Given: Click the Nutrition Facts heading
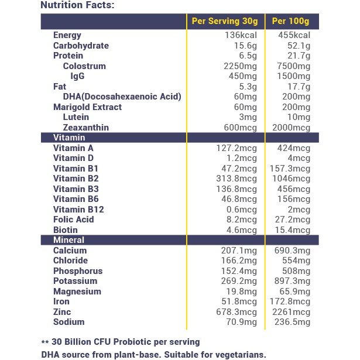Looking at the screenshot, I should (77, 6).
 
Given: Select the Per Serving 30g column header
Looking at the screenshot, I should (225, 22).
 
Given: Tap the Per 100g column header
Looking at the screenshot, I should (291, 22).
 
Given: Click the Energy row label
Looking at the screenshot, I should (67, 35).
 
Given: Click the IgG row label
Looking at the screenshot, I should (77, 76).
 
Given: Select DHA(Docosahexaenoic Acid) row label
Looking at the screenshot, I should (122, 97).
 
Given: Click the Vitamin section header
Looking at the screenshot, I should (69, 138).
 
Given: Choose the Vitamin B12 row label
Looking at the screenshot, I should (78, 210).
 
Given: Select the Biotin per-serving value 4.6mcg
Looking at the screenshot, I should (240, 230).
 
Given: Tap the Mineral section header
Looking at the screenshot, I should (68, 240).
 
